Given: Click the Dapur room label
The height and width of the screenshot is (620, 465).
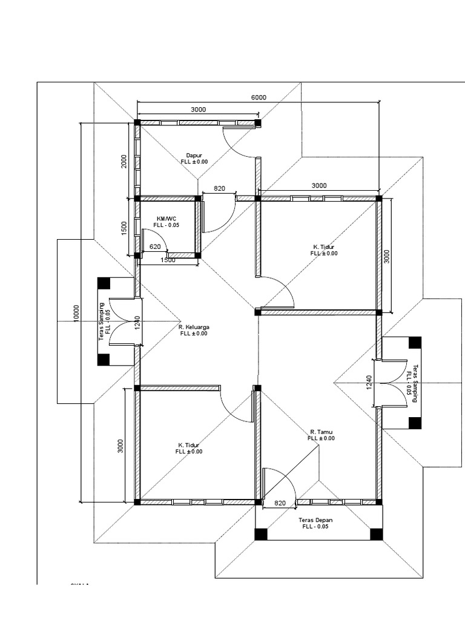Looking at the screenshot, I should [x=194, y=156].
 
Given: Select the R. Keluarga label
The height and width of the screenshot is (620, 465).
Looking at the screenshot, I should [x=194, y=327].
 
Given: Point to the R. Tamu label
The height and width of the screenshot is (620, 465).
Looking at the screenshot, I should [x=321, y=432].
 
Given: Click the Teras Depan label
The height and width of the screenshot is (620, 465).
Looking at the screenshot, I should [x=315, y=520].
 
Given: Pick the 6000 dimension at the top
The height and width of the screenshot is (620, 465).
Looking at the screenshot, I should [x=259, y=97].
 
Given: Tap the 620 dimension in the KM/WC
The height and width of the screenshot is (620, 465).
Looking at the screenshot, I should [x=155, y=247].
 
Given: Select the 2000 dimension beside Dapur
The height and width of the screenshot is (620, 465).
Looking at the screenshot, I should [x=124, y=162].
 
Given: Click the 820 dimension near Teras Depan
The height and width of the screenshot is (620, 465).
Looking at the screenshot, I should [x=280, y=503].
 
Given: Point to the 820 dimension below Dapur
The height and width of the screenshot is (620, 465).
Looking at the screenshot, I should [x=219, y=189].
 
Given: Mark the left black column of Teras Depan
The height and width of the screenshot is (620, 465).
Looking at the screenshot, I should [x=260, y=534].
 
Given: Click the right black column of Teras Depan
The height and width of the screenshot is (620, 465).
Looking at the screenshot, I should [x=377, y=534].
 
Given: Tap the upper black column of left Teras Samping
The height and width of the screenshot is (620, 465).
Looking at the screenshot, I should [x=104, y=283].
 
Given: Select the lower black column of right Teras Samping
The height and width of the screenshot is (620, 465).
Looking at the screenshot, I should [x=415, y=423].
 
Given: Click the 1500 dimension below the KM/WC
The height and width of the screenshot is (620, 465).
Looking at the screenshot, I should [x=168, y=260].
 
